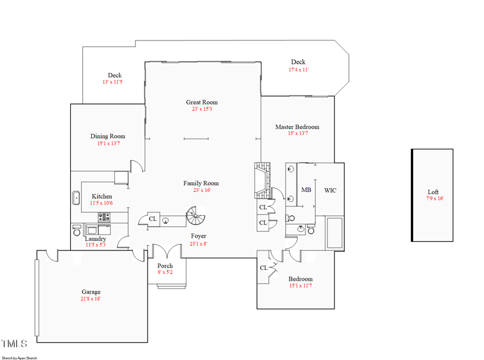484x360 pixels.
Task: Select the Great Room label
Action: (201, 102)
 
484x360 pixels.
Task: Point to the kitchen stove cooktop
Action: (104, 217)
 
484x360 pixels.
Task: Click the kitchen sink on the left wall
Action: (76, 198)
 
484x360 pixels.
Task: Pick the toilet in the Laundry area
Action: (77, 231)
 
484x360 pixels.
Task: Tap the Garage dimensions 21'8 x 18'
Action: (91, 299)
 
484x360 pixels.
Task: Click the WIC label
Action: (330, 191)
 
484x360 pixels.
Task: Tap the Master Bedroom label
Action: (297, 127)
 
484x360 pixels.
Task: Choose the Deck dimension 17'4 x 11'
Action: (298, 70)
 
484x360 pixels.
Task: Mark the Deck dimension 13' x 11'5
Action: (113, 82)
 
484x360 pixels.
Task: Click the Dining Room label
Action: (108, 136)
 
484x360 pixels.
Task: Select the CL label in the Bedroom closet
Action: (264, 268)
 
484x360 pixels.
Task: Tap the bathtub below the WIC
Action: (334, 233)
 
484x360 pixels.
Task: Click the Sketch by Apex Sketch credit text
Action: (19, 358)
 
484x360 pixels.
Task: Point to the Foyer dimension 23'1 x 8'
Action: (198, 244)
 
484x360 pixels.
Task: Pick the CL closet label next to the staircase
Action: (152, 219)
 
